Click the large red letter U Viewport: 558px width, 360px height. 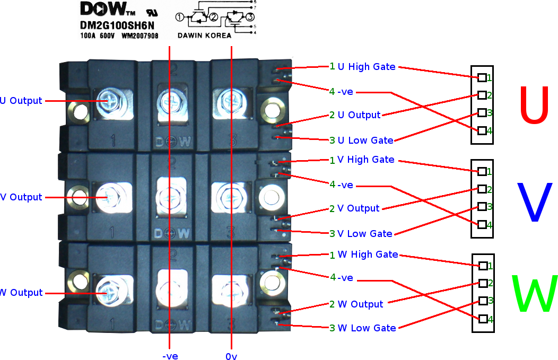tap(534, 104)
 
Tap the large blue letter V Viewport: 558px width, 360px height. tap(534, 201)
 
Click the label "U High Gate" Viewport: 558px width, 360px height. tap(366, 66)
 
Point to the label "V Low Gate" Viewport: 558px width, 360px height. tap(364, 233)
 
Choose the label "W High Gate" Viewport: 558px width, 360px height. tap(368, 254)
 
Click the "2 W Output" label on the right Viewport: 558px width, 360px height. tap(356, 304)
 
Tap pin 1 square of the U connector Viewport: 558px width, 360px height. tap(482, 77)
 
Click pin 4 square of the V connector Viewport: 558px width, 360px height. tap(482, 224)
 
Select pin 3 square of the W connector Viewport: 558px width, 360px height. tap(483, 301)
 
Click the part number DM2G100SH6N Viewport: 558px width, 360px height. tap(117, 25)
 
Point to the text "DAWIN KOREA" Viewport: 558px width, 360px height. tap(204, 35)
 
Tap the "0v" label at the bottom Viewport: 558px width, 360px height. tap(231, 356)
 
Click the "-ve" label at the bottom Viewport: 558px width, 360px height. tap(170, 356)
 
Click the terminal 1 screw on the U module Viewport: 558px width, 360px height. tap(110, 101)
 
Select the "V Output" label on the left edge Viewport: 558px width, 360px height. tap(21, 197)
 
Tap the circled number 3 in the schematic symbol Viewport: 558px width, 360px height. tap(250, 17)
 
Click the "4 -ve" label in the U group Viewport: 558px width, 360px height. tap(341, 92)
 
